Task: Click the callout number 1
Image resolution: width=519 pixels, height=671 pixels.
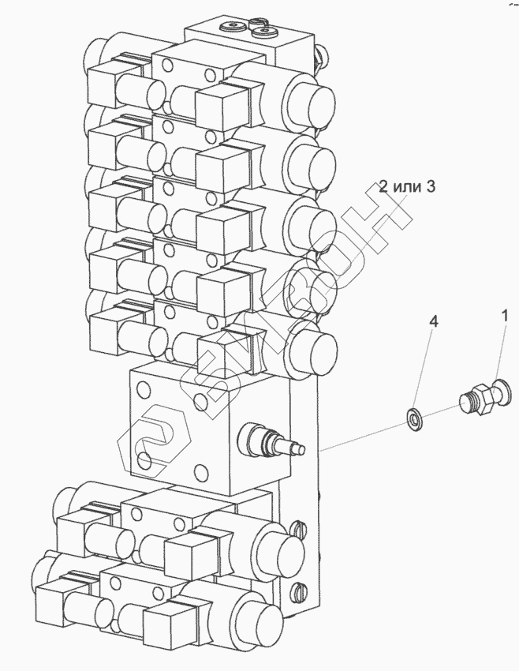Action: (505, 317)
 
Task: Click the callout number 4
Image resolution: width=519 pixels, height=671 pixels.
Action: (434, 321)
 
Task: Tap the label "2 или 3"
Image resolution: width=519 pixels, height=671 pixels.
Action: (408, 186)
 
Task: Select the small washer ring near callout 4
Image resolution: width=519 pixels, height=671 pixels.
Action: (414, 420)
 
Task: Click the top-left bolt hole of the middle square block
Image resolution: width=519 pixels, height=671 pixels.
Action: (142, 389)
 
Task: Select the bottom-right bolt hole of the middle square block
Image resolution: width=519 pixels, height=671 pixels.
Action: (200, 473)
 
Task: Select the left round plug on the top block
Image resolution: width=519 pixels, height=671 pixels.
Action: (231, 28)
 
